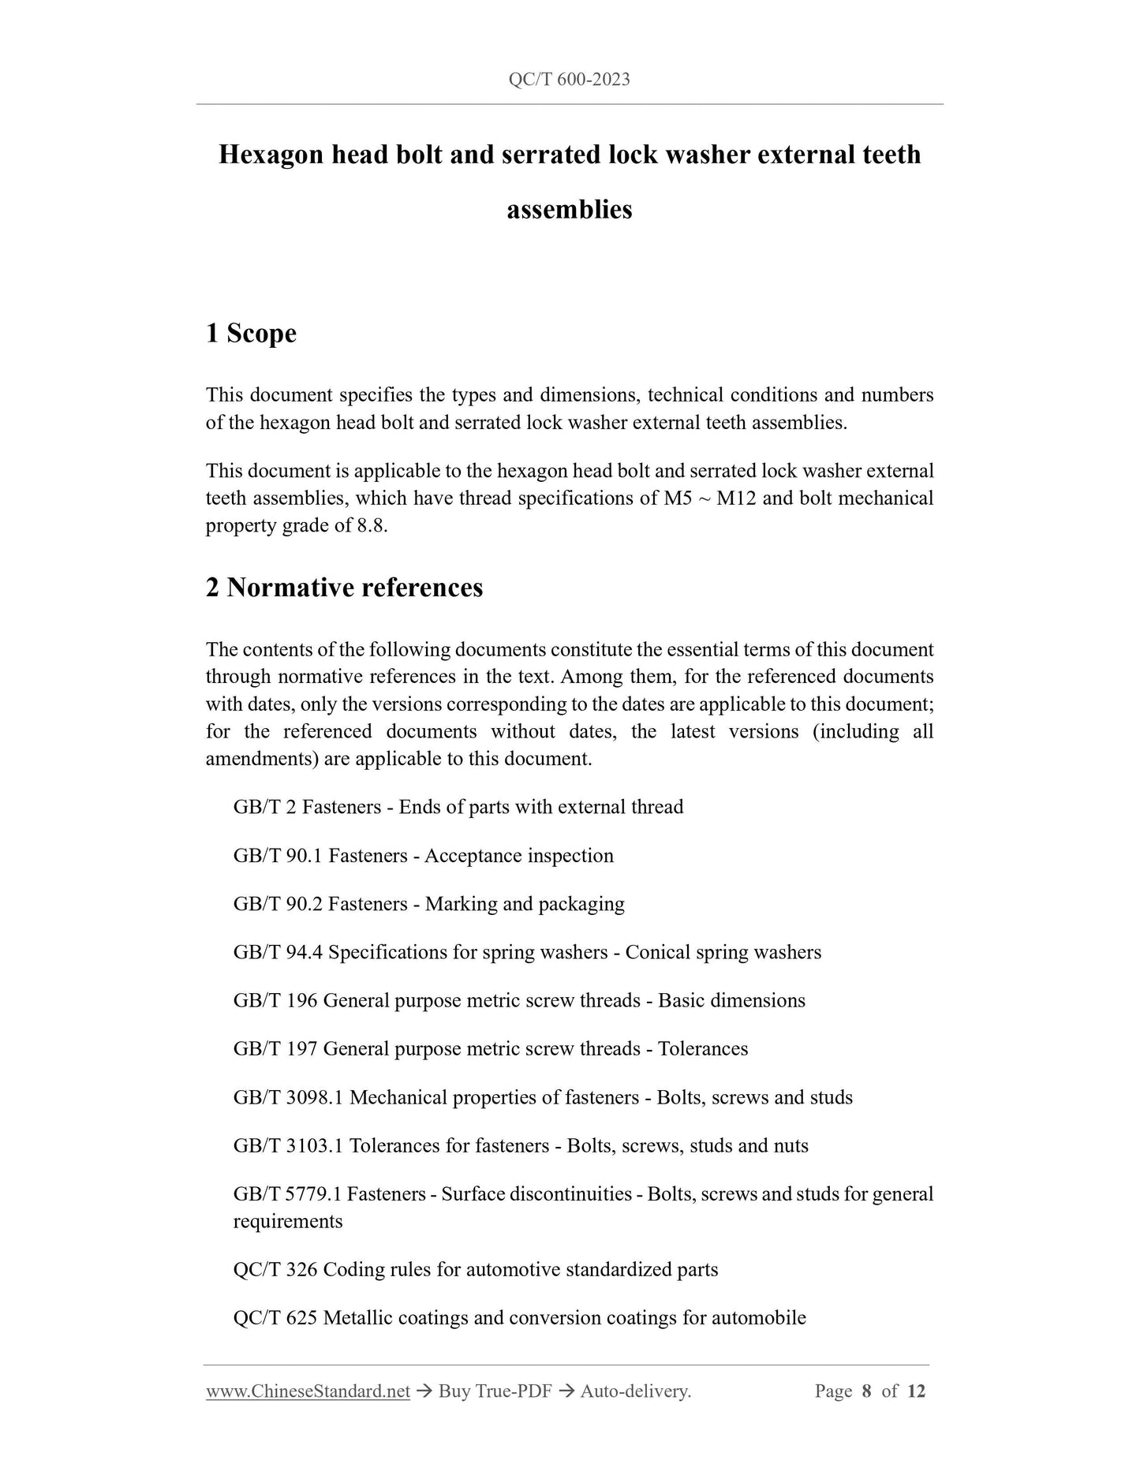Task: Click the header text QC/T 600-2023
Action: (569, 80)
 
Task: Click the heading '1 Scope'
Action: (251, 334)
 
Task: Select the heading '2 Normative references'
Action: (344, 588)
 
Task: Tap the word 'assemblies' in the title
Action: (569, 210)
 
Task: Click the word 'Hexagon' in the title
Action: (268, 155)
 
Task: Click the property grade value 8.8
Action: (372, 526)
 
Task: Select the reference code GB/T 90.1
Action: (277, 856)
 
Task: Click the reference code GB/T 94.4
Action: (277, 953)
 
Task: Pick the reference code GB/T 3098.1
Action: (287, 1098)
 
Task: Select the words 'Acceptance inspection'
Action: (518, 856)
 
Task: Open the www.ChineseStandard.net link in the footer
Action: (308, 1391)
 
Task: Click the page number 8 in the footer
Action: (866, 1391)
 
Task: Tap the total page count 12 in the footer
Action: (916, 1391)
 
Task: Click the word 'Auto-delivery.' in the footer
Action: (635, 1391)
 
